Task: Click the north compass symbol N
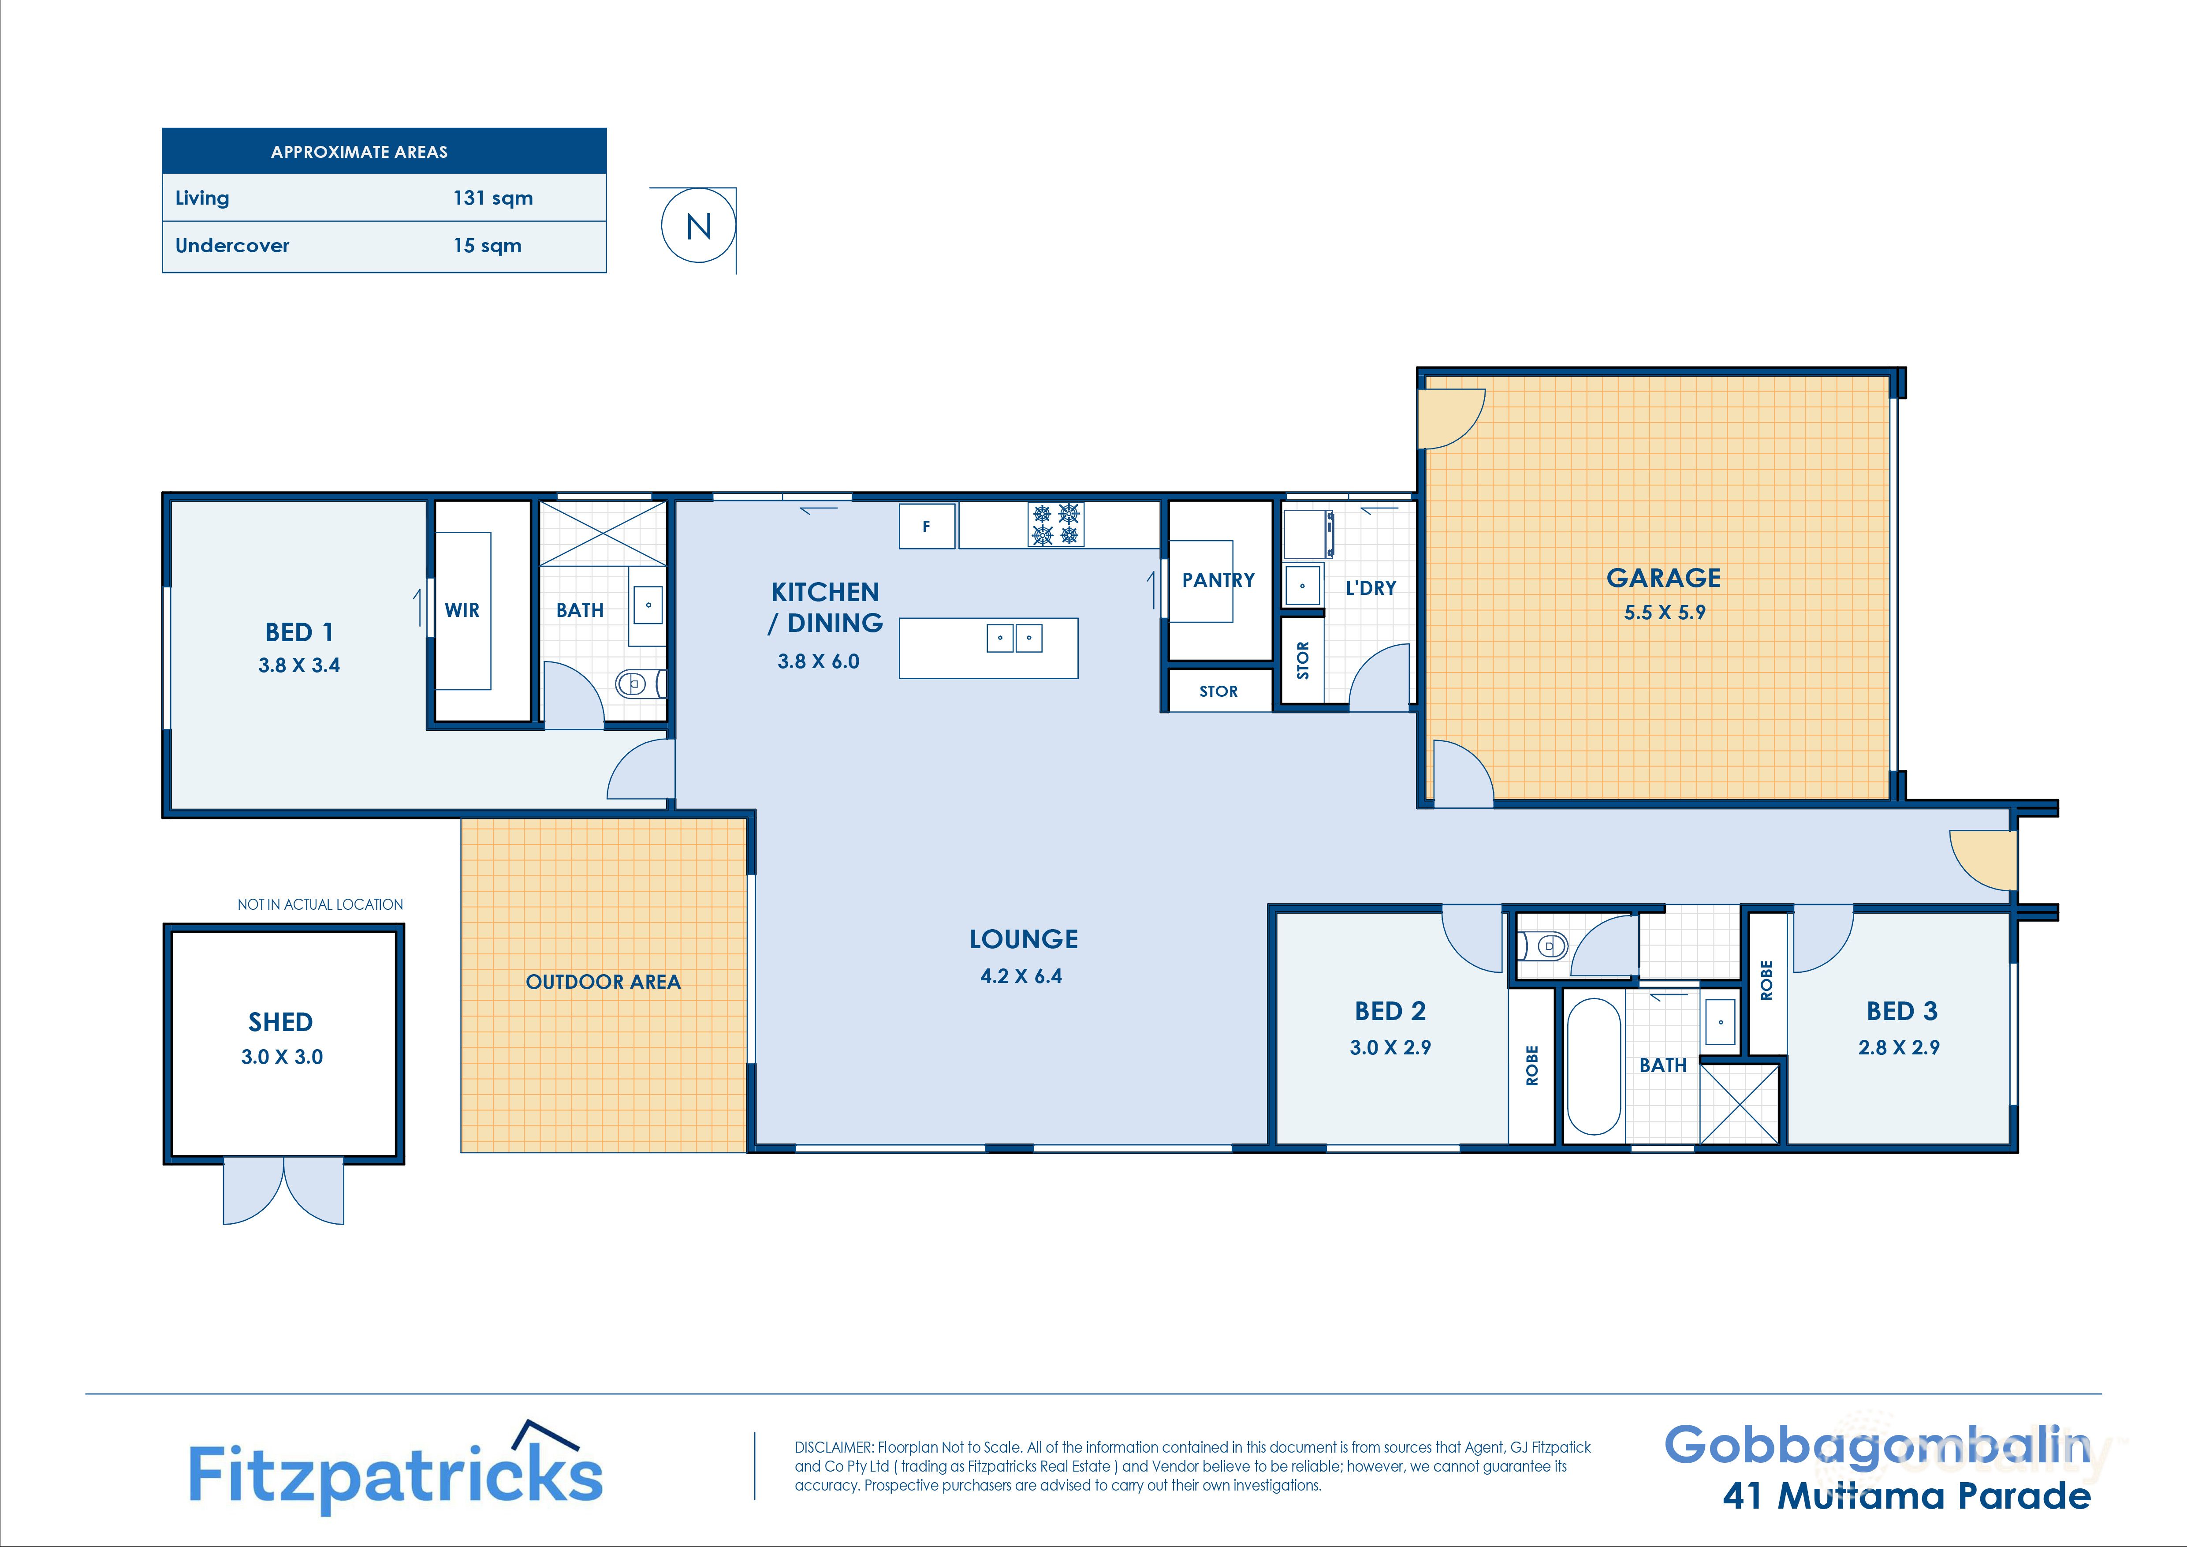(x=698, y=227)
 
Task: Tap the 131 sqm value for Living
(x=492, y=198)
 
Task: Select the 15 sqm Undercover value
(x=487, y=246)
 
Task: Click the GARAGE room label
(x=1663, y=578)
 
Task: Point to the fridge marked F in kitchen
(x=926, y=526)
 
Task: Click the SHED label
(x=281, y=1022)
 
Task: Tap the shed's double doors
(x=283, y=1191)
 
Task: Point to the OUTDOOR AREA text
(x=603, y=982)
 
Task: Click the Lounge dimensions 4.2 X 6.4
(x=1021, y=975)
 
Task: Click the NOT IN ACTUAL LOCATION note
(x=320, y=904)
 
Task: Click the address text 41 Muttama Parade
(x=1906, y=1495)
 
